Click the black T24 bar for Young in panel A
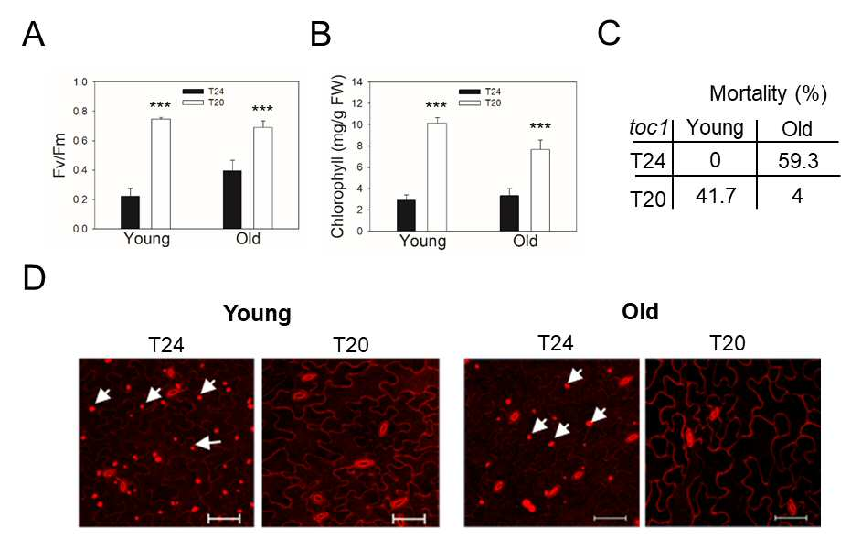pyautogui.click(x=130, y=212)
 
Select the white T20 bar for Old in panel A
pyautogui.click(x=263, y=178)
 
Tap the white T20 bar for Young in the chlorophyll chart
pyautogui.click(x=437, y=177)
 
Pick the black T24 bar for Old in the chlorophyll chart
pyautogui.click(x=509, y=213)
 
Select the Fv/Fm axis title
pyautogui.click(x=59, y=155)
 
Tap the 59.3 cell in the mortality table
pyautogui.click(x=798, y=161)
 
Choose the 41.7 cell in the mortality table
pyautogui.click(x=716, y=196)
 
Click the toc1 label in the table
pyautogui.click(x=648, y=128)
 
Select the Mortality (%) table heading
pyautogui.click(x=768, y=94)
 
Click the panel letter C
pyautogui.click(x=609, y=33)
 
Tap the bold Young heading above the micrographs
pyautogui.click(x=257, y=314)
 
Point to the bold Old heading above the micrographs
pyautogui.click(x=641, y=312)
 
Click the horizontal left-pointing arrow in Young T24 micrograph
pyautogui.click(x=207, y=443)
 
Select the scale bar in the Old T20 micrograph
pyautogui.click(x=790, y=518)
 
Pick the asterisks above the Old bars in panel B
pyautogui.click(x=540, y=126)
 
